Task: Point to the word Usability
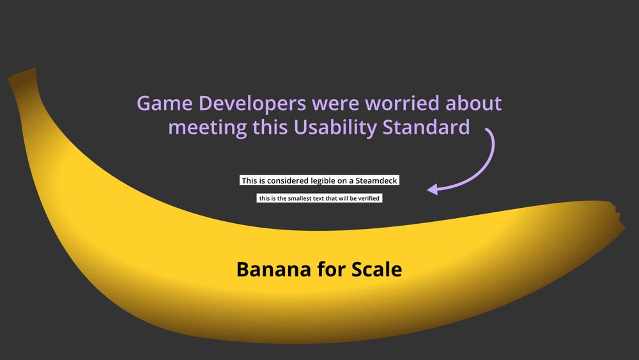click(x=336, y=127)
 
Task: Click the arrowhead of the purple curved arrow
click(x=432, y=189)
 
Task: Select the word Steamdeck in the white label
click(x=378, y=181)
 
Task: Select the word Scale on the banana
click(x=377, y=269)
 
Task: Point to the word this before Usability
click(x=270, y=127)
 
